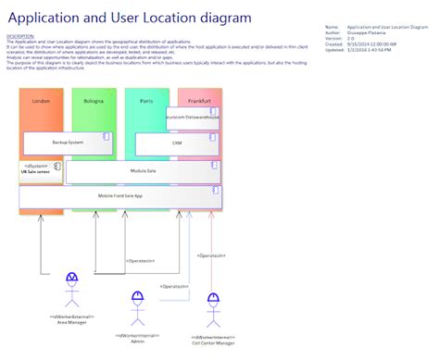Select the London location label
coord(40,100)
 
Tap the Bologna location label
coord(94,100)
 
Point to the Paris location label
coord(146,100)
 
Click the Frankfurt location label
coord(199,100)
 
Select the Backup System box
coord(67,143)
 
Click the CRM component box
coord(176,143)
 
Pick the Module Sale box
coord(143,171)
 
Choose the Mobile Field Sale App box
coord(120,196)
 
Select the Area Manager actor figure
coord(72,290)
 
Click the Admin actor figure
coord(138,308)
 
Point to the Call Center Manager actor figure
coord(213,310)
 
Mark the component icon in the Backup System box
coord(106,137)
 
